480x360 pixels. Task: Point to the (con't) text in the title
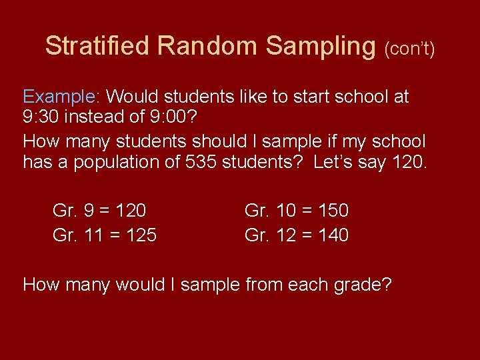409,49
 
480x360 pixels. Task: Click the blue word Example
60,97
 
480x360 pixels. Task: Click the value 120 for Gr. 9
131,211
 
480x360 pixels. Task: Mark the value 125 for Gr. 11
141,235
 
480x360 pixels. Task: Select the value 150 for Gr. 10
333,211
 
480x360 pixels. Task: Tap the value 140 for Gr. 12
333,235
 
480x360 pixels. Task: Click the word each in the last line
300,285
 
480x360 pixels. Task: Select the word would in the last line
141,285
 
